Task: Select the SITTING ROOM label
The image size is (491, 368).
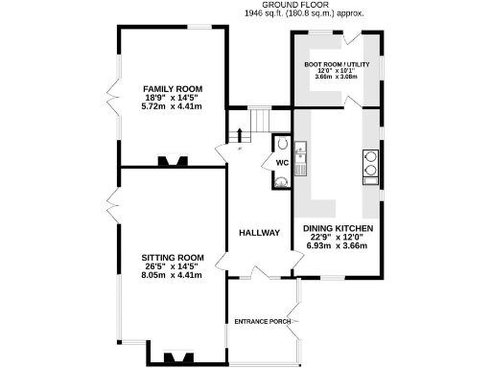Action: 174,258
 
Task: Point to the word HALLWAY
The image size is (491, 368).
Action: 259,233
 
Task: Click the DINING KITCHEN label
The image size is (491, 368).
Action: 339,229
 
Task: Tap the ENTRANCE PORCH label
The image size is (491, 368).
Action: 263,321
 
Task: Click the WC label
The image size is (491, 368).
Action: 282,163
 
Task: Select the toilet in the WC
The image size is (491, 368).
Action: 281,145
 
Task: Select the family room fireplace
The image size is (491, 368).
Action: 174,162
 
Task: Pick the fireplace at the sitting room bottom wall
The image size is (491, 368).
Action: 174,356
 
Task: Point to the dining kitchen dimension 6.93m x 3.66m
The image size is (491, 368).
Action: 339,246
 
